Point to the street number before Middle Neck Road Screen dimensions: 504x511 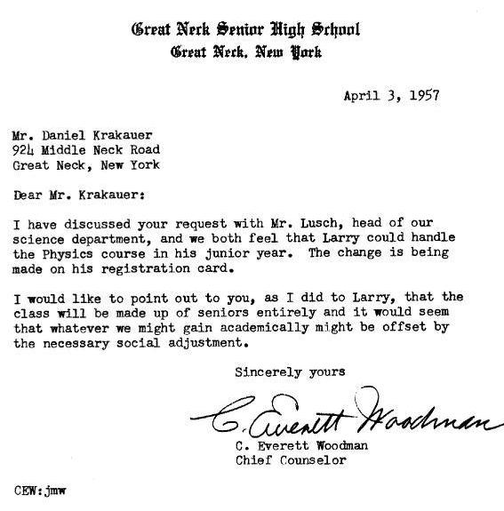click(23, 151)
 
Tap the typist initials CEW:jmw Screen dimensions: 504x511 click(40, 489)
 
